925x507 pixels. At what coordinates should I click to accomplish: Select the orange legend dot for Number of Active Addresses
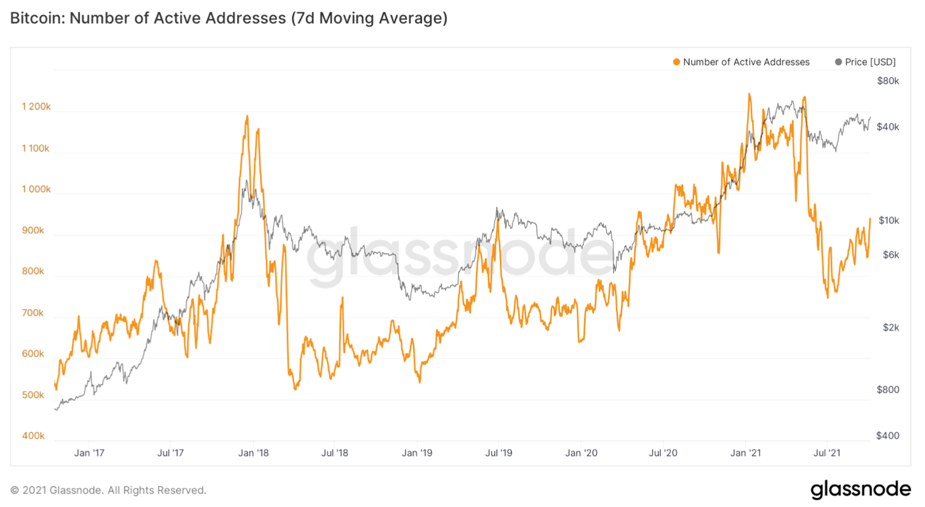(x=677, y=62)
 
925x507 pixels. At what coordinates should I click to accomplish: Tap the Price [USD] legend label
(x=870, y=62)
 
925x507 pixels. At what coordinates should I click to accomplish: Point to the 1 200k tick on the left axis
(x=36, y=107)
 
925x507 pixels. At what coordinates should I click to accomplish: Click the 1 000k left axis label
(x=36, y=189)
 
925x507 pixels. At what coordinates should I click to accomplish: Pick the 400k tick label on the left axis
(x=33, y=436)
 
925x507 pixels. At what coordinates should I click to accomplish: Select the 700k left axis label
(x=33, y=313)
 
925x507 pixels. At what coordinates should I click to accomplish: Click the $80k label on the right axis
(x=888, y=81)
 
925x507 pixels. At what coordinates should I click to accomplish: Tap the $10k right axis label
(x=888, y=220)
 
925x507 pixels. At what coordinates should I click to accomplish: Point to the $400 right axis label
(x=888, y=436)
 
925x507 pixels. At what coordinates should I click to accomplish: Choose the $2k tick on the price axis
(x=891, y=327)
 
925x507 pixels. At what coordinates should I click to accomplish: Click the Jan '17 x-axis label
(x=89, y=453)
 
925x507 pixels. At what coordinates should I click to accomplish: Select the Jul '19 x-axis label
(x=499, y=453)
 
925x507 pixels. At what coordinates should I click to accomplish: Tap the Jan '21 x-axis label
(x=745, y=453)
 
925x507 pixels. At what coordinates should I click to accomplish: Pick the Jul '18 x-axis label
(x=334, y=453)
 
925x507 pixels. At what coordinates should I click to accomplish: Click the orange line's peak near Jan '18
(x=247, y=116)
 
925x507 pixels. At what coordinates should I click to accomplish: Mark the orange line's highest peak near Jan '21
(x=750, y=94)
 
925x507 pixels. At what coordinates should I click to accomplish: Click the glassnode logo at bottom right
(x=860, y=489)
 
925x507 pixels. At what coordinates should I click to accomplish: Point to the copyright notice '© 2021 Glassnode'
(x=108, y=490)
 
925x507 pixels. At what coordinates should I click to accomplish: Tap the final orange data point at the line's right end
(x=870, y=219)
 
